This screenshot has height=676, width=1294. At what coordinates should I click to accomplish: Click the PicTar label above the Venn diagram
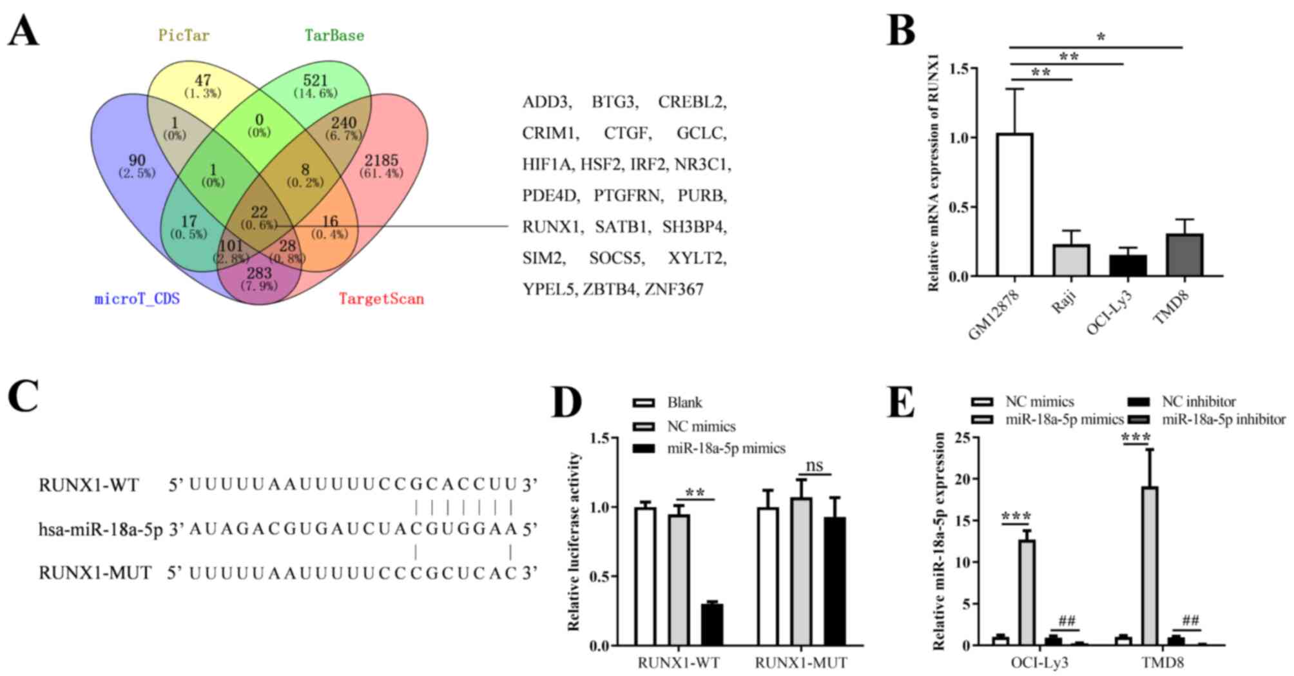pos(184,35)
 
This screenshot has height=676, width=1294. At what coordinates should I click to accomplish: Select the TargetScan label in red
pos(381,299)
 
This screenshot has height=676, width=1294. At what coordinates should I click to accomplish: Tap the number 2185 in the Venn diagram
pos(381,160)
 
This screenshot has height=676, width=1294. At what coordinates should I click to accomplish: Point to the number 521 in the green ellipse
pos(316,81)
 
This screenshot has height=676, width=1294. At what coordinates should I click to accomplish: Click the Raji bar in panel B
pos(1071,260)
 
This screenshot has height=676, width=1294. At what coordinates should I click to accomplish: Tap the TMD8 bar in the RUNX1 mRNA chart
pos(1184,255)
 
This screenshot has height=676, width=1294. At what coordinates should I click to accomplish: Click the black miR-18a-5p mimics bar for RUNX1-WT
pos(712,624)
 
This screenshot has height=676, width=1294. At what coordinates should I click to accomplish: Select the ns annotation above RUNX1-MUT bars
pos(815,465)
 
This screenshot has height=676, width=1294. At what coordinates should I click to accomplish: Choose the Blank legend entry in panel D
pos(684,403)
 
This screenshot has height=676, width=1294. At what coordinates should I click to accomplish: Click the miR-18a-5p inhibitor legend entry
pos(1223,420)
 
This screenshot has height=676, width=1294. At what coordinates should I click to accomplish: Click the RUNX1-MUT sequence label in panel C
pos(95,573)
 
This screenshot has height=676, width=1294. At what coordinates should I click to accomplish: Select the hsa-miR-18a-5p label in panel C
pos(101,529)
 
